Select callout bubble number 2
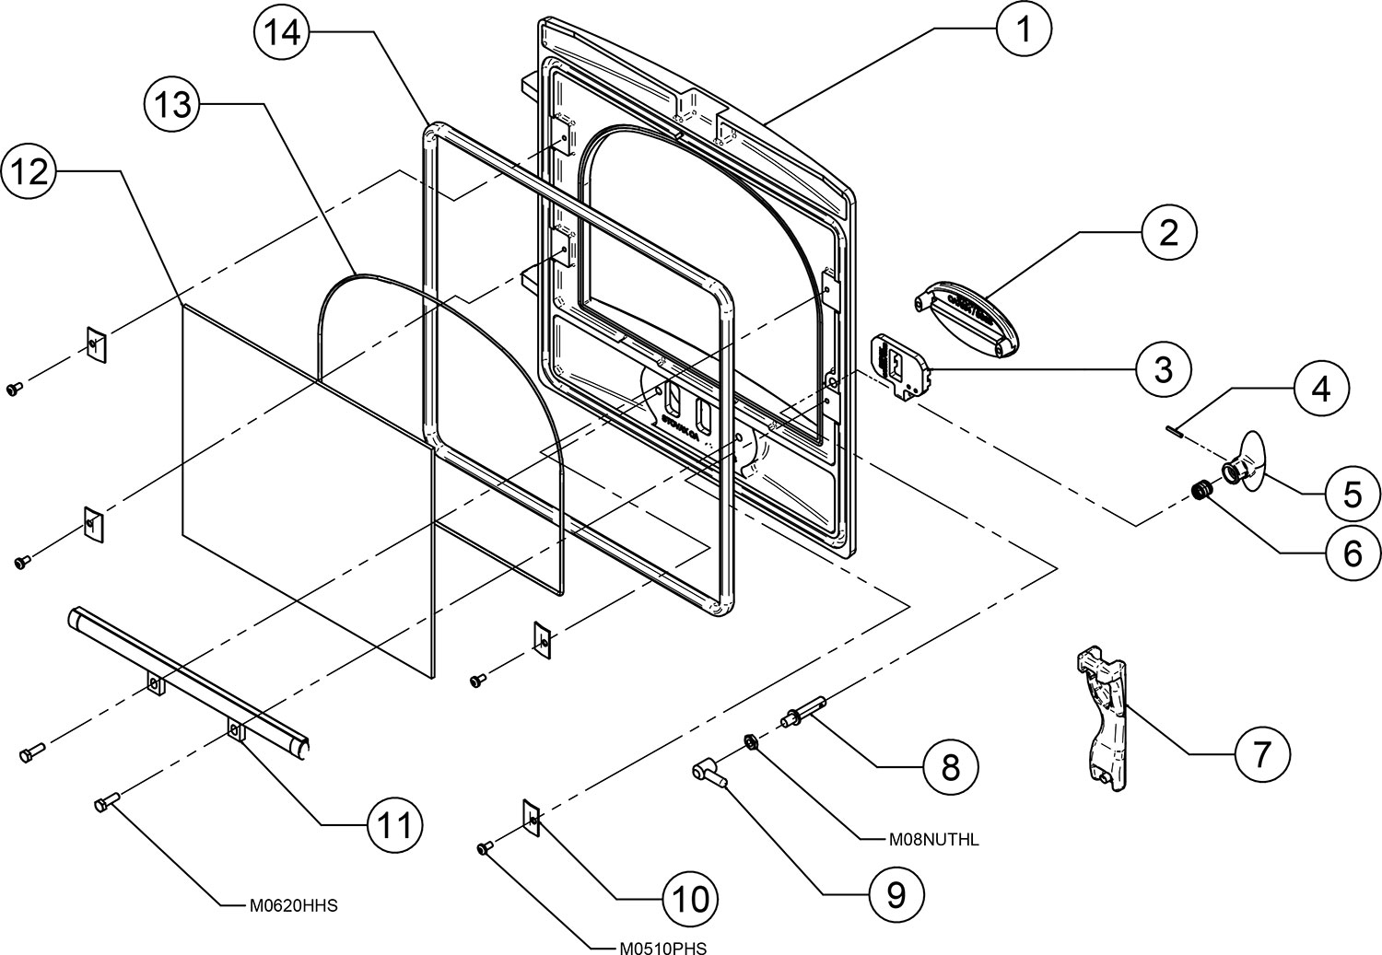(x=1168, y=234)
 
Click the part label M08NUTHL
(x=933, y=840)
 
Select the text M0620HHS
(x=294, y=905)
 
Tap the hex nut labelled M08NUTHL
(x=752, y=740)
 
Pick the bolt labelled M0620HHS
(x=103, y=805)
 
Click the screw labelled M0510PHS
(x=485, y=848)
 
